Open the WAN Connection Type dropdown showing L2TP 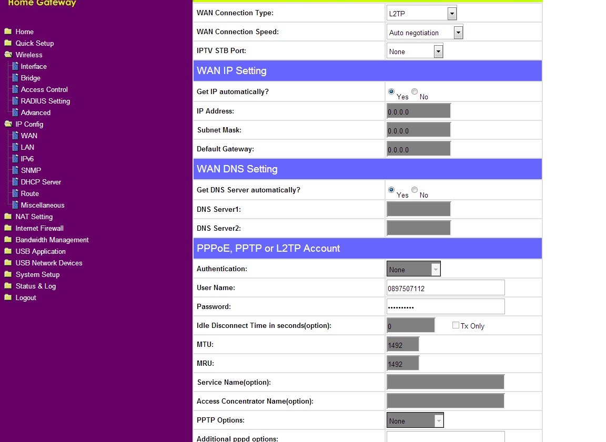(421, 13)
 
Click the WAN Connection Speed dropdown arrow (458, 33)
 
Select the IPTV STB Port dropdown (415, 52)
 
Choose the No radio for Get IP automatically (415, 92)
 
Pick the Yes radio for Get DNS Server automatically (391, 190)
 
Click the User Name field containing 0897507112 (445, 288)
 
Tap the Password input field (445, 307)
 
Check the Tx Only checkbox (456, 325)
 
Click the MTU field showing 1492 (403, 345)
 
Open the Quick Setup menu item (34, 43)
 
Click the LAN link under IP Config (27, 147)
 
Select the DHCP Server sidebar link (41, 182)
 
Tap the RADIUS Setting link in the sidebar (45, 101)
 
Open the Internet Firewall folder (39, 228)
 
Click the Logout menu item (26, 297)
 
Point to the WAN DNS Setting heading (237, 169)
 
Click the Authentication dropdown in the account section (413, 269)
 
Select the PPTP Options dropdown (415, 420)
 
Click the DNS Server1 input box (419, 209)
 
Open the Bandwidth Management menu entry (52, 240)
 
